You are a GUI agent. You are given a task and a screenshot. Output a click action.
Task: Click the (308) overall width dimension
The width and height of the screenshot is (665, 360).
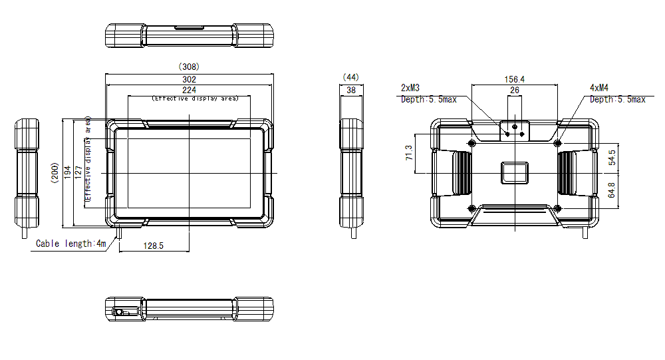pyautogui.click(x=189, y=67)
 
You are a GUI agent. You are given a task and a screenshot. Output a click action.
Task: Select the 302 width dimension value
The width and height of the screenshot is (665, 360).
pyautogui.click(x=189, y=79)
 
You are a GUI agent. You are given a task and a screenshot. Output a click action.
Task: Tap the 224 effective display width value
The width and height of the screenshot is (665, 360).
pyautogui.click(x=189, y=90)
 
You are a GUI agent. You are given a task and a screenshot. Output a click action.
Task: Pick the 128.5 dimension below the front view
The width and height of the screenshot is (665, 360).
pyautogui.click(x=153, y=246)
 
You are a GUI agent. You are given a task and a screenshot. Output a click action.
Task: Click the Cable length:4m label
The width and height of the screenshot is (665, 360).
pyautogui.click(x=70, y=244)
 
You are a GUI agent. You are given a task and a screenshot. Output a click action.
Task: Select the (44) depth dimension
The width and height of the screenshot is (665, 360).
pyautogui.click(x=350, y=77)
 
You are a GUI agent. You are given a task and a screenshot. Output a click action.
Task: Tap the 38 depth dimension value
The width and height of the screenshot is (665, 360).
pyautogui.click(x=350, y=89)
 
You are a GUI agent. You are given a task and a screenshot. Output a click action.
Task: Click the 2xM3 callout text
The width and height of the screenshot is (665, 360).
pyautogui.click(x=410, y=88)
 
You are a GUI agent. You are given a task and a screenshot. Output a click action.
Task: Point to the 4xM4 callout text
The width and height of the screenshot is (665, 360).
pyautogui.click(x=600, y=88)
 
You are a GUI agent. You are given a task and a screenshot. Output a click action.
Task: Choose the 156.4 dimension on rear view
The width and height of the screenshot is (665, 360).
pyautogui.click(x=514, y=79)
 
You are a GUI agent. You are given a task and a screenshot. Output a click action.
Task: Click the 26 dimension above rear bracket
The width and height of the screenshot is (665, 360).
pyautogui.click(x=515, y=90)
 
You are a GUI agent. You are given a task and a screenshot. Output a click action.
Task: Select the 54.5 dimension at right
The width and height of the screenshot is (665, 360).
pyautogui.click(x=611, y=158)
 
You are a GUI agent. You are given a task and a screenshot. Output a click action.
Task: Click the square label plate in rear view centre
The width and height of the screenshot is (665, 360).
pyautogui.click(x=515, y=172)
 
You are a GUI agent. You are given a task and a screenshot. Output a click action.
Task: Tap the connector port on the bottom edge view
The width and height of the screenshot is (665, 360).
pyautogui.click(x=120, y=312)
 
